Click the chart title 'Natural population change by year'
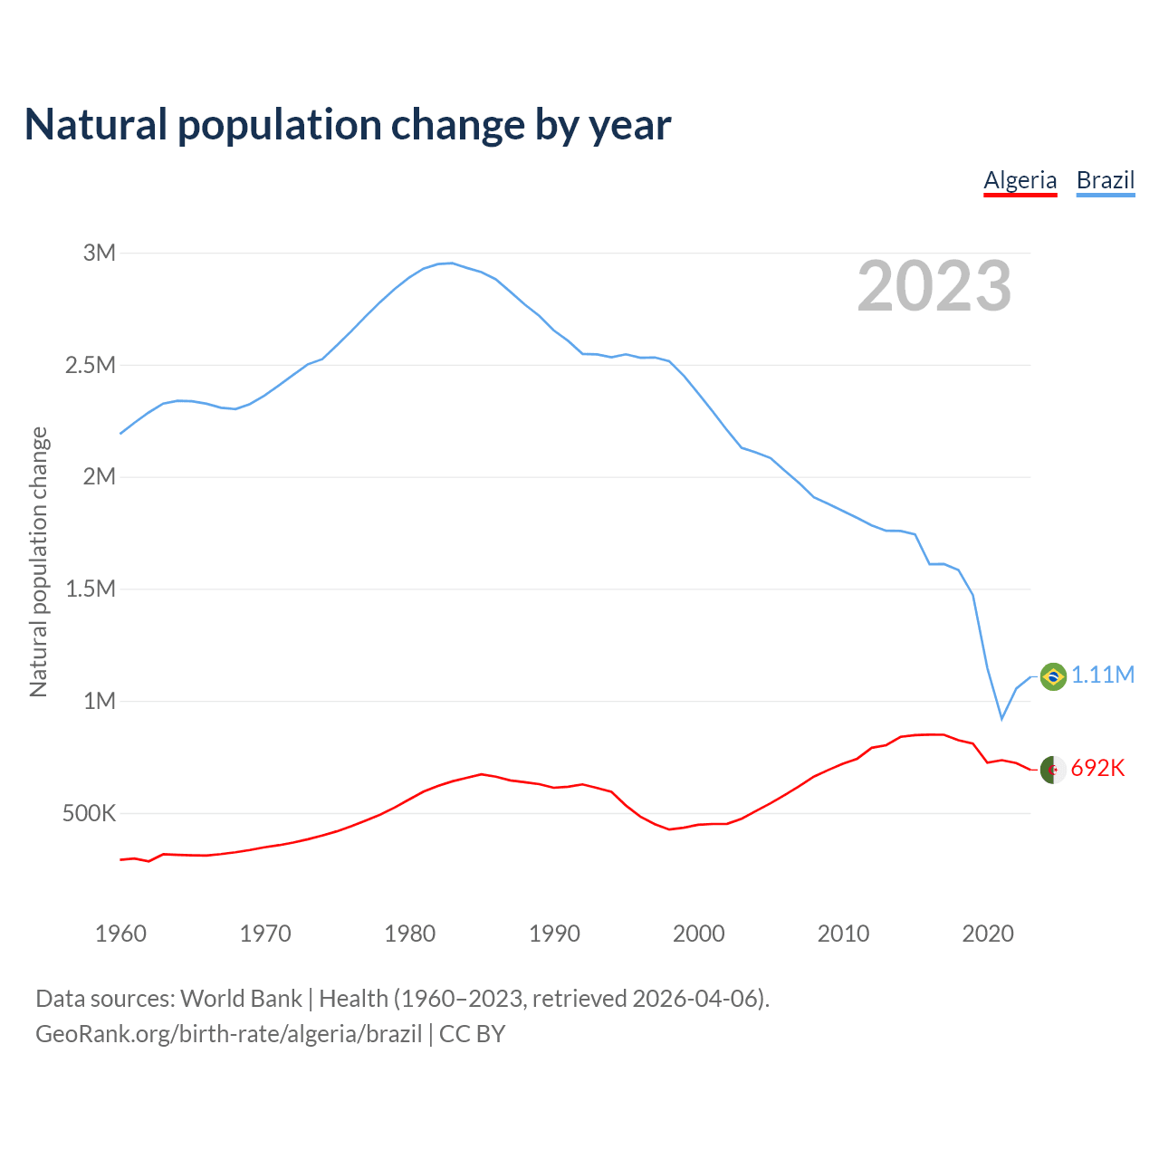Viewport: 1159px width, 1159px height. click(348, 125)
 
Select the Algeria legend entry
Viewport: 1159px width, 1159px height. click(1020, 180)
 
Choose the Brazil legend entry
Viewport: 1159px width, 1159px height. click(1105, 180)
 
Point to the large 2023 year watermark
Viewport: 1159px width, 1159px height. click(934, 286)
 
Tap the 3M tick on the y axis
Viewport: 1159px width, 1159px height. click(100, 253)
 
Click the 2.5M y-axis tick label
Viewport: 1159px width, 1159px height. click(91, 365)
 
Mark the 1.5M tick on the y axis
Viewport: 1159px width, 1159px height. click(91, 589)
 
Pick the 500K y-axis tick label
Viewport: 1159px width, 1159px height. click(89, 813)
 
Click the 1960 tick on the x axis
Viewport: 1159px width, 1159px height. click(120, 934)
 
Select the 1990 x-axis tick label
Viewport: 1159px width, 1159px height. click(554, 934)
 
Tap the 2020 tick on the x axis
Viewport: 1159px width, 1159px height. click(987, 934)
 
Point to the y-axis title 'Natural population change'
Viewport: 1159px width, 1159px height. click(39, 562)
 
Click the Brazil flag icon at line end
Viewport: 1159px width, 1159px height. click(1053, 676)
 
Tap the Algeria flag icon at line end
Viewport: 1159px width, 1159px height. click(1053, 770)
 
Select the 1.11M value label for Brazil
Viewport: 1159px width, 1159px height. click(1103, 675)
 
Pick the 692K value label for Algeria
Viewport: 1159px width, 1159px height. click(1097, 769)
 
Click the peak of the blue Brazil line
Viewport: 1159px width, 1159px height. click(451, 263)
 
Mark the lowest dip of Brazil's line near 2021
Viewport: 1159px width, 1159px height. click(1001, 719)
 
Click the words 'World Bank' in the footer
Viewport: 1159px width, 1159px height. click(241, 999)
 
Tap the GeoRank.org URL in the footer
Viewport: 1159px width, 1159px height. click(228, 1034)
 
